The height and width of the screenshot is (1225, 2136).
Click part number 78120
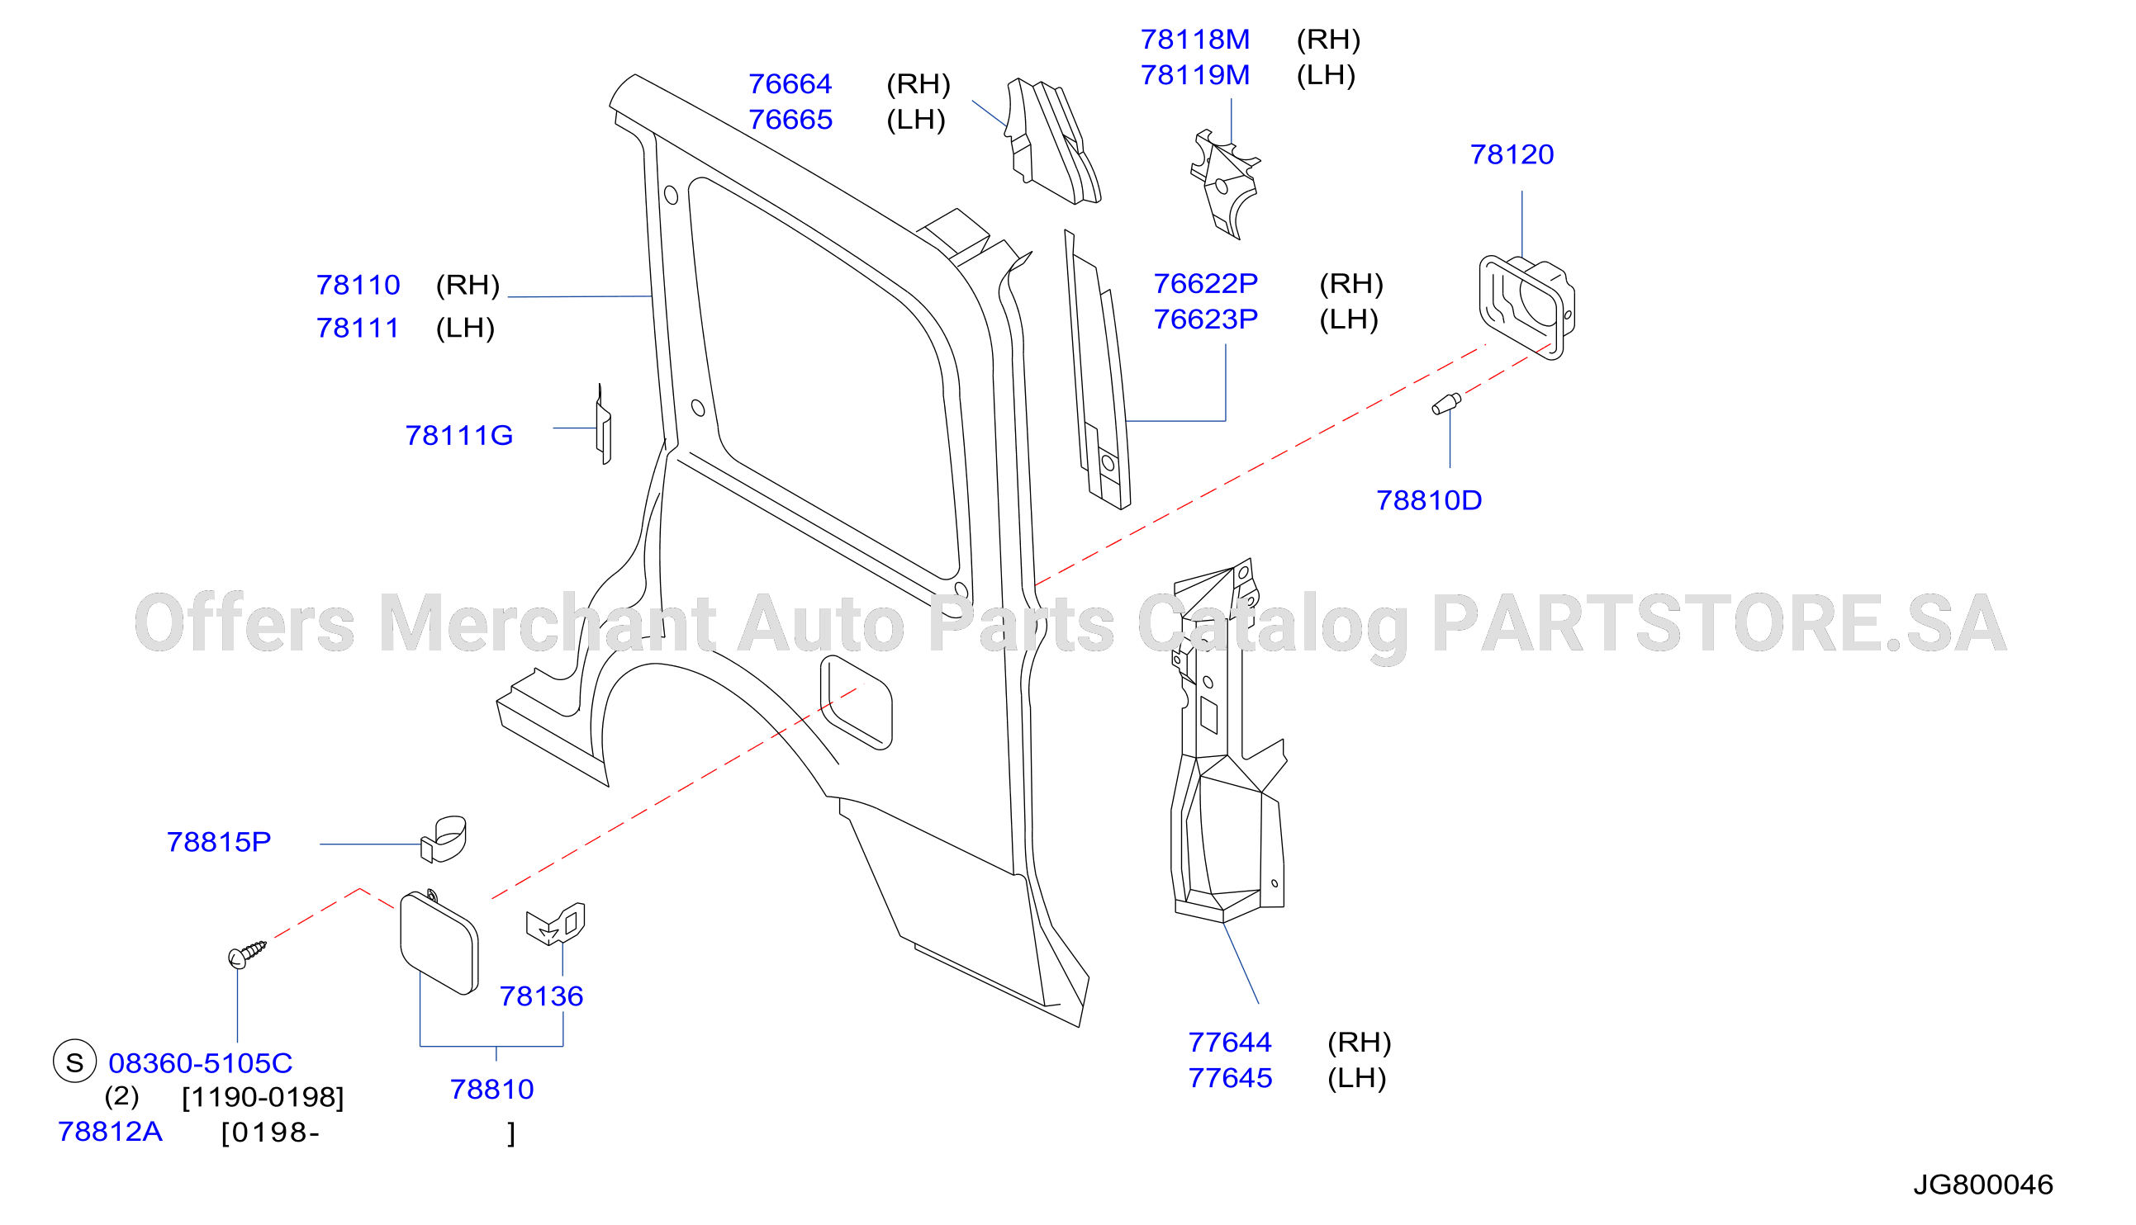click(1512, 155)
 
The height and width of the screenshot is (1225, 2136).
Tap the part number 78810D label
click(1428, 500)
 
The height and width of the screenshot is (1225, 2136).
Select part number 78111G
click(458, 436)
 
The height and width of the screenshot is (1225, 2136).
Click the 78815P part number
click(219, 842)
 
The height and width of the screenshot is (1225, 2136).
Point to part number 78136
click(541, 996)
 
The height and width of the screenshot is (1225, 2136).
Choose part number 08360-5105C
click(201, 1063)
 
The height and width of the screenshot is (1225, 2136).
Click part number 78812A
click(109, 1132)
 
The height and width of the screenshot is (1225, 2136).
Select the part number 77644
click(1230, 1043)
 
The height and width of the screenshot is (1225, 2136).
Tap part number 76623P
click(1205, 319)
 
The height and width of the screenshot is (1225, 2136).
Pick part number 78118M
click(1195, 40)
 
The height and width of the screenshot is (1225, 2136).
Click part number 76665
click(790, 120)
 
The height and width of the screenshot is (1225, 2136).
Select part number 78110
click(358, 286)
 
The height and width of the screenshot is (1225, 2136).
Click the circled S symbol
click(75, 1062)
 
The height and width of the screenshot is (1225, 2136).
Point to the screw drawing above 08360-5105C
click(247, 955)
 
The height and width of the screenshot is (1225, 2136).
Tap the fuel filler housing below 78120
click(1526, 307)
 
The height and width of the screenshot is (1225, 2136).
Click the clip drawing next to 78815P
click(444, 839)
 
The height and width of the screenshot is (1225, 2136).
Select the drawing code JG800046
click(1983, 1185)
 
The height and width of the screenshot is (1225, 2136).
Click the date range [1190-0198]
click(263, 1098)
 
